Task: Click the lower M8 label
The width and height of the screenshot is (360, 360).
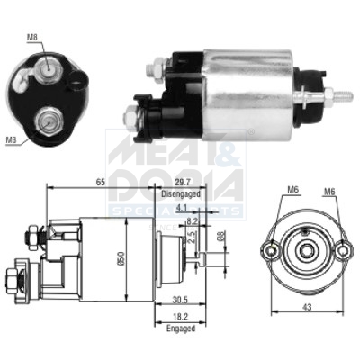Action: pos(11,139)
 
